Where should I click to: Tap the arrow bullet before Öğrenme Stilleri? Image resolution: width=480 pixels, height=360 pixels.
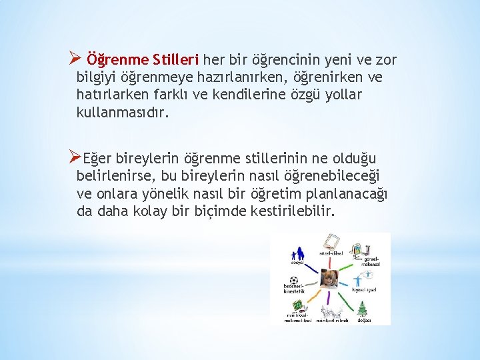coord(76,60)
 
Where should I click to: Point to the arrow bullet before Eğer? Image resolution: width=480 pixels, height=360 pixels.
coord(75,158)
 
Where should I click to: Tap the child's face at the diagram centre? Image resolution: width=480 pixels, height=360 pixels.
coord(328,279)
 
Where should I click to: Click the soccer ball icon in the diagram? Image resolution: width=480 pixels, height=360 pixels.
coord(294,281)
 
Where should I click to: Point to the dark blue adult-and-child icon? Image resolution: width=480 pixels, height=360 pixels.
coord(297,253)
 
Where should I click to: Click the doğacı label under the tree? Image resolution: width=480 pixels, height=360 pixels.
coord(364,320)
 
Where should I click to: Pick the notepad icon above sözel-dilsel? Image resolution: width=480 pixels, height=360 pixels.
coord(329,241)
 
